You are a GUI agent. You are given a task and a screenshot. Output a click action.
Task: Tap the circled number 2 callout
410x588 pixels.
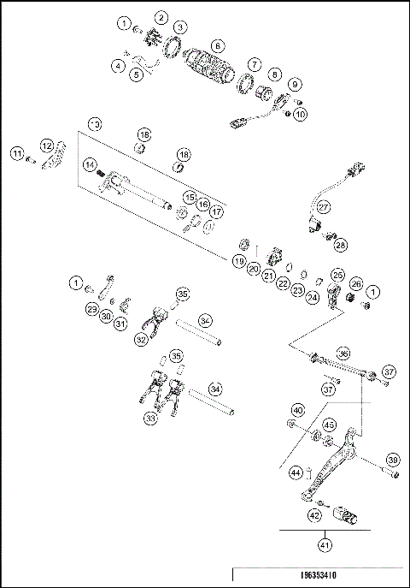161,17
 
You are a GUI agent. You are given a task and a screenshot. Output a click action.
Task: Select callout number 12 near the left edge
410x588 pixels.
47,145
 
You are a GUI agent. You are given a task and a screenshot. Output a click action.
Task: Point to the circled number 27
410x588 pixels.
324,207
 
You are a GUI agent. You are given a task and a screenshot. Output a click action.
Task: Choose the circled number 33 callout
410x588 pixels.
151,419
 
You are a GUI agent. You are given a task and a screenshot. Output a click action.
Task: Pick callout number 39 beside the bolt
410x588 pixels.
392,460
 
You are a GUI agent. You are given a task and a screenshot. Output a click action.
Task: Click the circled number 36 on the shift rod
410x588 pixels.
343,352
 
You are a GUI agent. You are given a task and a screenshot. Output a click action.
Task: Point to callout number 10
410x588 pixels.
300,114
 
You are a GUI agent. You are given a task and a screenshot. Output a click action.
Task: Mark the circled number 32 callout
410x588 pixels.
140,339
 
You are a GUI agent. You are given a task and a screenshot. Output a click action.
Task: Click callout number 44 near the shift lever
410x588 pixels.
296,472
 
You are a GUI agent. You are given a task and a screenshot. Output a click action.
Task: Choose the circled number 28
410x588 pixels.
341,245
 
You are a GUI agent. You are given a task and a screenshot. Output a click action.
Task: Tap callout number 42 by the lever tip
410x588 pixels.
314,515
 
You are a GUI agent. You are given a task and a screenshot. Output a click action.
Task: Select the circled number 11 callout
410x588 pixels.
16,153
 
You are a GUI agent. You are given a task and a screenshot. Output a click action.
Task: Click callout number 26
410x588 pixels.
356,284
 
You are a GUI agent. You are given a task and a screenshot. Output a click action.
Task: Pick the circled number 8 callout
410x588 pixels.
275,74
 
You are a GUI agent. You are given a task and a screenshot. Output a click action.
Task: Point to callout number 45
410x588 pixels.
329,425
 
